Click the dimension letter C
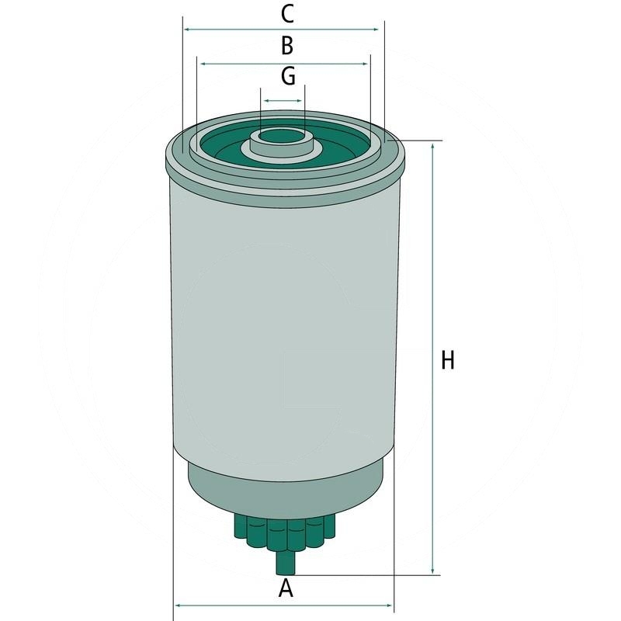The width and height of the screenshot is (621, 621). [x=286, y=13]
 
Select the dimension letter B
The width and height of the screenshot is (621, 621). [x=286, y=46]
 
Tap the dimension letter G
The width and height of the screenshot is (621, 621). [x=287, y=76]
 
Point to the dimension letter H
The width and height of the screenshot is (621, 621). [x=447, y=360]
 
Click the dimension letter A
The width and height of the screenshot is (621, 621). [x=286, y=588]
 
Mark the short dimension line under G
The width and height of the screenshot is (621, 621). [x=282, y=101]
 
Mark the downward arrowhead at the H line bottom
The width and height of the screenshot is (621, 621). [x=432, y=571]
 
